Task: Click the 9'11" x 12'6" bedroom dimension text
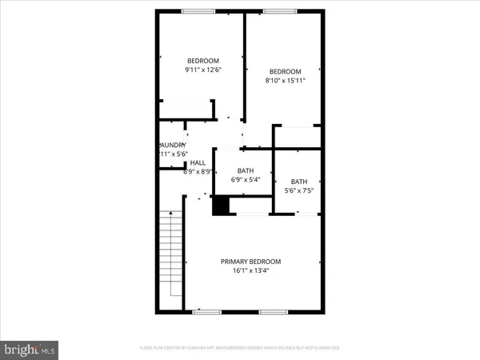[x=203, y=70]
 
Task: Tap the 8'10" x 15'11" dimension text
[x=284, y=80]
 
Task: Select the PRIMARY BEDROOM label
[x=251, y=262]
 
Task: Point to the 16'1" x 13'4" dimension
[x=251, y=271]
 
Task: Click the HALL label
[x=197, y=162]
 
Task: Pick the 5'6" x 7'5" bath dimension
[x=298, y=190]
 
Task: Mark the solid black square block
[x=221, y=206]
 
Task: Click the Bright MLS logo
[x=30, y=349]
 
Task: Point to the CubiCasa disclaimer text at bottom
[x=239, y=349]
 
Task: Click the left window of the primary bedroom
[x=206, y=311]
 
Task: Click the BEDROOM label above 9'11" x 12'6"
[x=203, y=61]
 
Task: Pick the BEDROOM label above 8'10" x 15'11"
[x=284, y=70]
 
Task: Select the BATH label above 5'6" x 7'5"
[x=298, y=181]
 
